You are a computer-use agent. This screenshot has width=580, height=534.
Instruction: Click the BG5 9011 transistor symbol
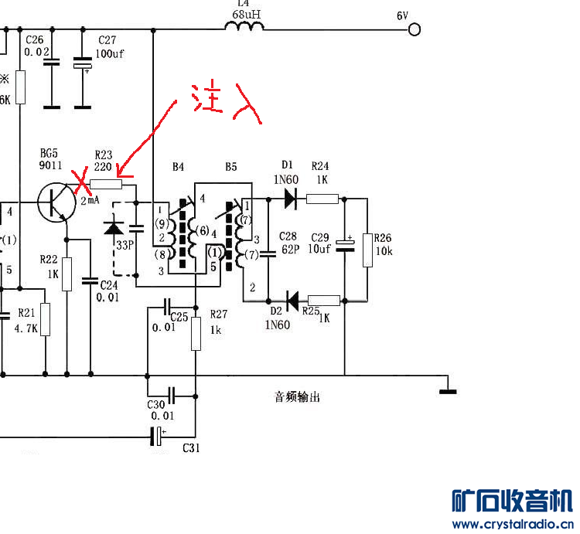[56, 202]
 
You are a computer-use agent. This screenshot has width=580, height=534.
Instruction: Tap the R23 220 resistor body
[106, 184]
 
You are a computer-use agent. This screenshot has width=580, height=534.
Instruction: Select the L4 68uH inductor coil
[244, 26]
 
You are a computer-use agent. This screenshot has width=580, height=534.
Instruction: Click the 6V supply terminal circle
[415, 29]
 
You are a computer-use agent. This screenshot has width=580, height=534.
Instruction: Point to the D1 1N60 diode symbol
[291, 199]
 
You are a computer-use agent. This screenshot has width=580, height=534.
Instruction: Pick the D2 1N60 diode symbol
[292, 301]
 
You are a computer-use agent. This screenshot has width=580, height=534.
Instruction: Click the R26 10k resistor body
[367, 250]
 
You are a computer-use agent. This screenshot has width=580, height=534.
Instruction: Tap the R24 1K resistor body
[322, 199]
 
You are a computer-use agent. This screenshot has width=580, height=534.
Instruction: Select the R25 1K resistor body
[324, 301]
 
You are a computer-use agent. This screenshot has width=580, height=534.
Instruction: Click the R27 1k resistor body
[196, 334]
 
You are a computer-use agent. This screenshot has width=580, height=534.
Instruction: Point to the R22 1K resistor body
[67, 274]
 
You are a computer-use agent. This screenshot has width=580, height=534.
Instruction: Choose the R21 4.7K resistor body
[45, 320]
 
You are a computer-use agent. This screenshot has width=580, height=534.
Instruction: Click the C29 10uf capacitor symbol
[345, 246]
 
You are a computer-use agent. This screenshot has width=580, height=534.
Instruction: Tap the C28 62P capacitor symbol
[268, 254]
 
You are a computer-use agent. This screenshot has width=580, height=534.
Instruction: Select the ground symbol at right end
[448, 391]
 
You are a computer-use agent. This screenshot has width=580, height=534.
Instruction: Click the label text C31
[191, 448]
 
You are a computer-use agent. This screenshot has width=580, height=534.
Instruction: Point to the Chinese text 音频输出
[297, 397]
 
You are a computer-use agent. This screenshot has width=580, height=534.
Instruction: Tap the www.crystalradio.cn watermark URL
[512, 524]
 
